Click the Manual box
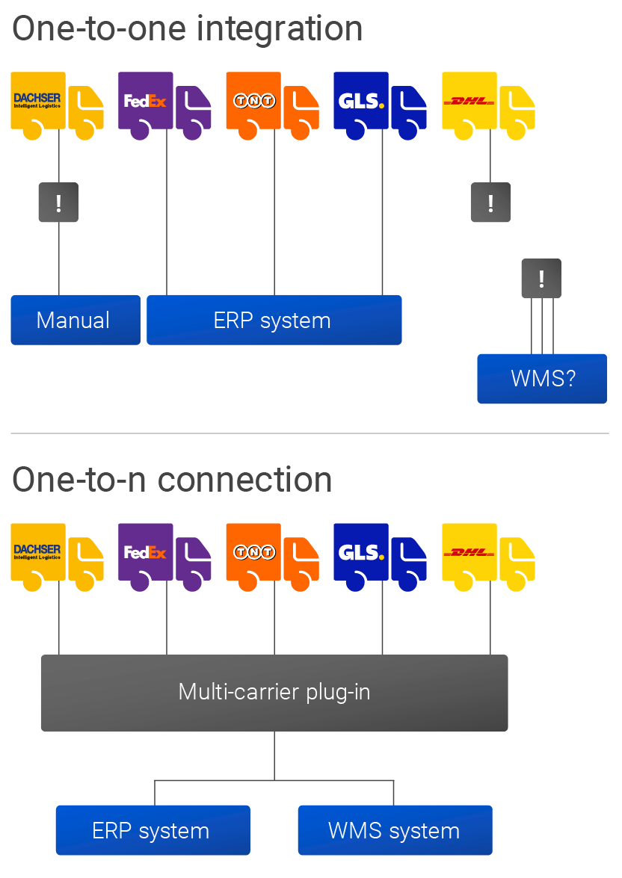(x=76, y=320)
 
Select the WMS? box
(x=542, y=378)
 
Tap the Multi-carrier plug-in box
(x=274, y=692)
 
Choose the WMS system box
(x=395, y=830)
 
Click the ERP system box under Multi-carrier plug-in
(x=153, y=830)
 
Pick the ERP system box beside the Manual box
(x=274, y=320)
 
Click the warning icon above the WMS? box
(x=541, y=279)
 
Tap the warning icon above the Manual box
(x=58, y=203)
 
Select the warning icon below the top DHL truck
(x=490, y=203)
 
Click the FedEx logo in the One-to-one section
(x=145, y=100)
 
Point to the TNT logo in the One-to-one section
(x=253, y=101)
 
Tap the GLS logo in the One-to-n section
(x=361, y=552)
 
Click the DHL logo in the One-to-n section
(x=469, y=552)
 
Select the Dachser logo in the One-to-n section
(x=37, y=551)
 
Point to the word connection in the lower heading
(x=253, y=479)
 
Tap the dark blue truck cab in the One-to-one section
(x=408, y=107)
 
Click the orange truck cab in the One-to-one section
(x=301, y=107)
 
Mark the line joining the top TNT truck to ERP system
(x=274, y=217)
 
